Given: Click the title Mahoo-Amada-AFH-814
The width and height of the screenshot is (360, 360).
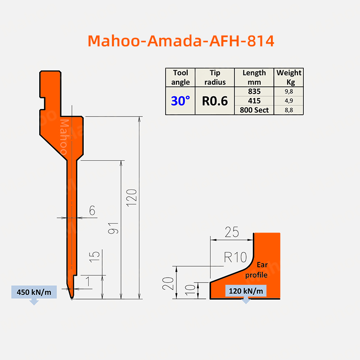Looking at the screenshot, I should pos(181,40).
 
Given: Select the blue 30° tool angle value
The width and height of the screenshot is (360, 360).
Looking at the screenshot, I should pos(180,101).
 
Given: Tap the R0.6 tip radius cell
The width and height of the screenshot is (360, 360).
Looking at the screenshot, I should pos(215,101).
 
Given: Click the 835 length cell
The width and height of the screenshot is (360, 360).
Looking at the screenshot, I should pos(254,91).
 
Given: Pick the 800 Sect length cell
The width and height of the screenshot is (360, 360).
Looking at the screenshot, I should pos(254,110).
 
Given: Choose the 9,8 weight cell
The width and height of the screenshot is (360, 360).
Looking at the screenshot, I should pos(288,91).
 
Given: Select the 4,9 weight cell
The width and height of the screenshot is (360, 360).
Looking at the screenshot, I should pos(288,100).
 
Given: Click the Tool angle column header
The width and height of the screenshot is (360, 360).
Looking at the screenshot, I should pos(180,77).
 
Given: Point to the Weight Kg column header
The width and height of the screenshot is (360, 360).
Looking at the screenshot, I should pos(289,77).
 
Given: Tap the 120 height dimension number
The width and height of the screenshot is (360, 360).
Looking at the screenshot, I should pos(131,197).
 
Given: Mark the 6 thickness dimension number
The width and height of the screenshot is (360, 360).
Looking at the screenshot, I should pos(92,211).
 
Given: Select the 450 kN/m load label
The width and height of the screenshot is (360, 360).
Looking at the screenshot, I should pos(34,292).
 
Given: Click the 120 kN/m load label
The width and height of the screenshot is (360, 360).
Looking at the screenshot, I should pos(246,291).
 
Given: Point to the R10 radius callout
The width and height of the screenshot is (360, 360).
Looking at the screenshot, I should pos(235,258).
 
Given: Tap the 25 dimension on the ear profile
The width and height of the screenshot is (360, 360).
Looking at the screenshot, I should pos(232,232).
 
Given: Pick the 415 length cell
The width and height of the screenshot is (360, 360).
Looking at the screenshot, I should pos(254,100).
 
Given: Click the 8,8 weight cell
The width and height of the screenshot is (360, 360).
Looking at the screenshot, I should pos(288,110).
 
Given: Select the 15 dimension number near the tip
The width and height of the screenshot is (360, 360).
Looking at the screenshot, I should pos(94,257).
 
